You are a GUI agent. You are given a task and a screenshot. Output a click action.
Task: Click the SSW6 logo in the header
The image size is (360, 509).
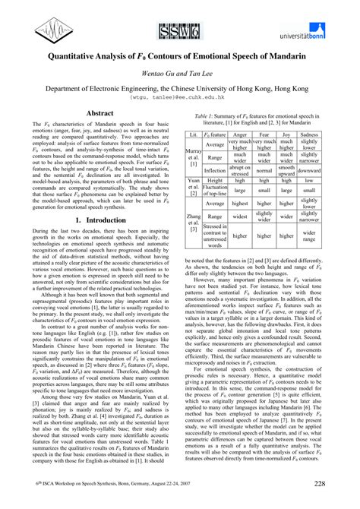tap(178, 30)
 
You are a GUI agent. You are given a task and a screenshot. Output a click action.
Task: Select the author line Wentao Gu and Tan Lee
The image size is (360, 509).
tap(179, 74)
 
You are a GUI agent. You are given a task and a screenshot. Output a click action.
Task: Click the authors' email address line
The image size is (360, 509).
tap(179, 98)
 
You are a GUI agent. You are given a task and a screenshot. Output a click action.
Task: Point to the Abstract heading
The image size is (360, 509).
tap(100, 112)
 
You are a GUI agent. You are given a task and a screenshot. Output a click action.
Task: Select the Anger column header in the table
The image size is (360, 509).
tap(239, 134)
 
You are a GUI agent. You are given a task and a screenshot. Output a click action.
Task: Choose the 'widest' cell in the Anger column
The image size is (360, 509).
tap(239, 217)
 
